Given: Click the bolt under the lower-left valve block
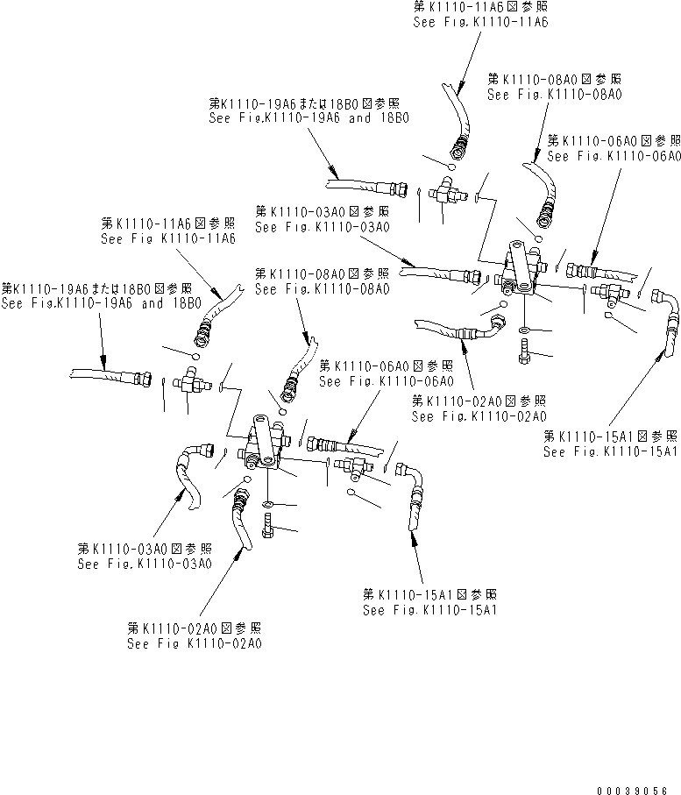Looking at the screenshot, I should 268,528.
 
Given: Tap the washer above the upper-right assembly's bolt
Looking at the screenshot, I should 523,330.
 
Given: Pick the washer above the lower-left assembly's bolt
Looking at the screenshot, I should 267,505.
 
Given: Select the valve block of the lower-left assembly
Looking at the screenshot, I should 262,443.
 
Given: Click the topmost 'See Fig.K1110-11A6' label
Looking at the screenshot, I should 480,23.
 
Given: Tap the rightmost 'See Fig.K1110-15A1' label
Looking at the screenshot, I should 610,451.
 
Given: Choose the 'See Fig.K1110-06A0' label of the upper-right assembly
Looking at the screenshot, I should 614,156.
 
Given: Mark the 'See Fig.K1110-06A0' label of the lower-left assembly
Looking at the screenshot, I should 386,381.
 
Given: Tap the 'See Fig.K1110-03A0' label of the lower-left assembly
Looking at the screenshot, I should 144,564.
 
